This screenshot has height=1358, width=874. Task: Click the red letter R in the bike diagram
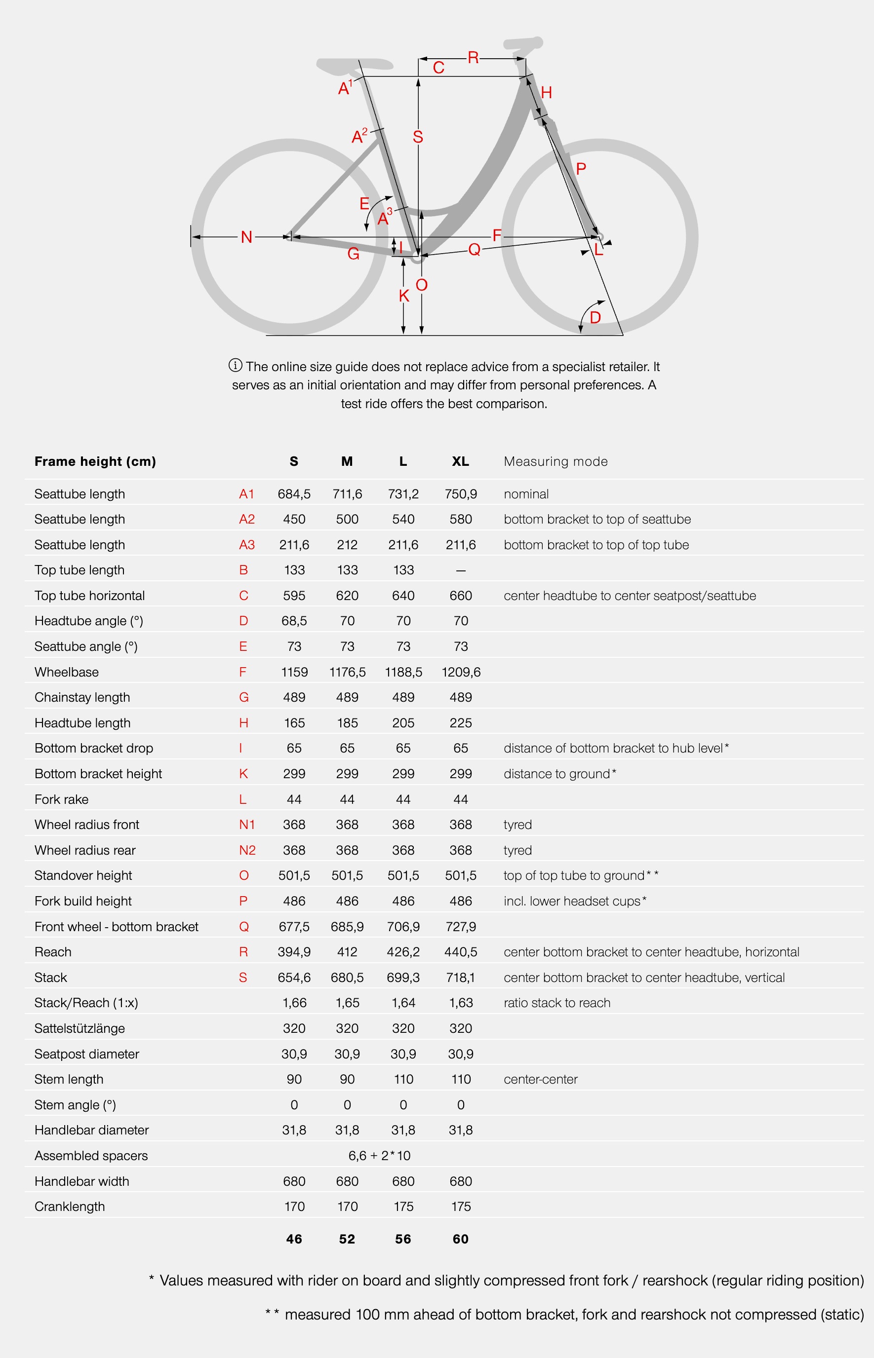coord(473,58)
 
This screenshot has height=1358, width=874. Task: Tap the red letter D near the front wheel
coord(595,317)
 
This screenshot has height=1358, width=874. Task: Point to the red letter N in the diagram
coord(246,237)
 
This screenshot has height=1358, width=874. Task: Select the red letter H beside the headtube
coord(547,93)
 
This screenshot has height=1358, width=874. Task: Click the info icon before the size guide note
coord(236,366)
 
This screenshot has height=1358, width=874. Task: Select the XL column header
coord(460,461)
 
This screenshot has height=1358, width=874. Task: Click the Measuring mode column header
coord(556,461)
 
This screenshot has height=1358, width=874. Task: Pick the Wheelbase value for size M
coord(347,672)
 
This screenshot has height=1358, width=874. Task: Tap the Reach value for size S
coord(294,952)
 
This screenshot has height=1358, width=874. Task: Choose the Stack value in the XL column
coord(460,978)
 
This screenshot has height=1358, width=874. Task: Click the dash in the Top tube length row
coord(460,570)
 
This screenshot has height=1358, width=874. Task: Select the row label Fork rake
coord(61,799)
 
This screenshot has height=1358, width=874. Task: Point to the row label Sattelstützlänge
coord(79,1028)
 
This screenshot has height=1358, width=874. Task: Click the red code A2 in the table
coord(247,520)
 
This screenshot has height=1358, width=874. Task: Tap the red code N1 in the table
coord(247,825)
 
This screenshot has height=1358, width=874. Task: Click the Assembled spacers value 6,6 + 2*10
coord(379,1156)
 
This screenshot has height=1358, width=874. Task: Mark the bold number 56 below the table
coord(403,1239)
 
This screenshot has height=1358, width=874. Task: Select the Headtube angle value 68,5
coord(294,621)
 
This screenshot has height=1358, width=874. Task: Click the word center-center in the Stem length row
coord(540,1080)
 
